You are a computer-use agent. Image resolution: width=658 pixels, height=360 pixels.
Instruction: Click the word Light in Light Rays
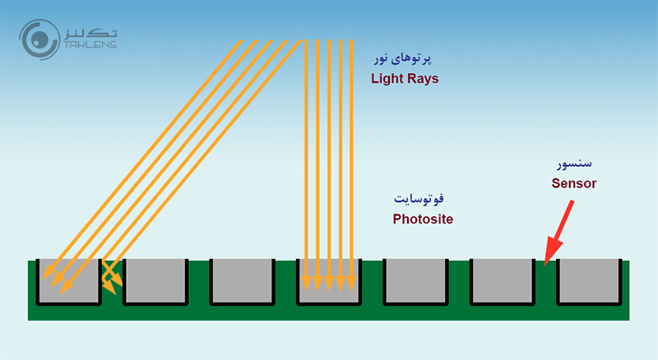pos(387,79)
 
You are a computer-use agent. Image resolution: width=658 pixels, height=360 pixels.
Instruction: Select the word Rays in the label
pos(423,79)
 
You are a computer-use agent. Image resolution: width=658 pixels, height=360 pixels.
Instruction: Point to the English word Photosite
pos(423,219)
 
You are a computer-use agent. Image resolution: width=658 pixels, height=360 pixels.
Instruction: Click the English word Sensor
pos(573,183)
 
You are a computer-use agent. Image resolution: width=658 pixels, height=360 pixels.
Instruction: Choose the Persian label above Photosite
pos(423,200)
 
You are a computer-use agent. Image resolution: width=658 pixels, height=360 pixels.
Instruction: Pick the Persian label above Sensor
pos(574,164)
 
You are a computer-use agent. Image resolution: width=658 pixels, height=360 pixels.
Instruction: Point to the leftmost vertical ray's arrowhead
pos(306,286)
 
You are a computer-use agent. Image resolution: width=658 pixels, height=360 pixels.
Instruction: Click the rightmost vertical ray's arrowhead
pos(352,286)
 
